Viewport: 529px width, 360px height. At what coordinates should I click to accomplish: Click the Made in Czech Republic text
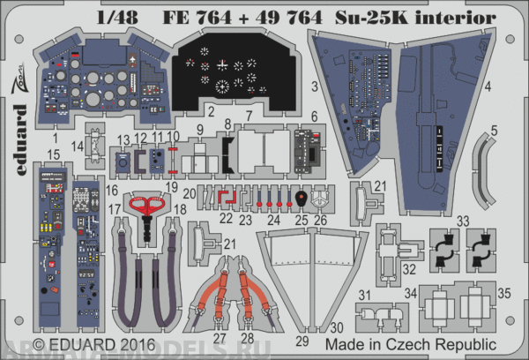coord(411,341)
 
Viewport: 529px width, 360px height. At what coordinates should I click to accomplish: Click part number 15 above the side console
coord(55,154)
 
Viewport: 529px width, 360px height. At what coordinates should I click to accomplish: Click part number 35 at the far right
coord(503,291)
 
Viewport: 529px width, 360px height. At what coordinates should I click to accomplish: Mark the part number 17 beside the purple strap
coord(114,208)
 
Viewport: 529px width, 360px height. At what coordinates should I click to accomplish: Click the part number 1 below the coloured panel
coord(55,139)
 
